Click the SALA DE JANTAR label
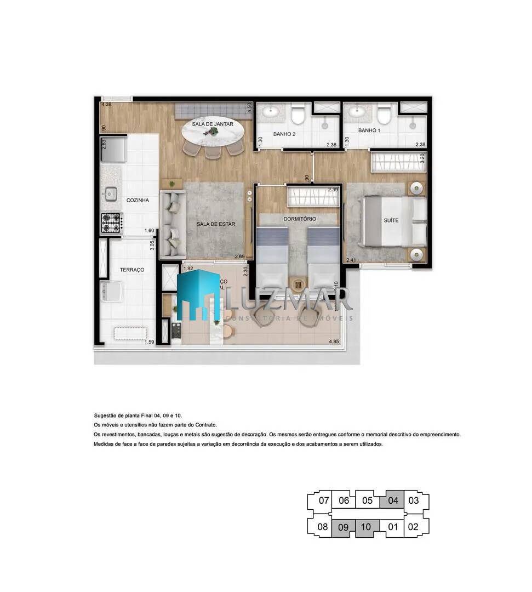[213, 124]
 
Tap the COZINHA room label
[138, 201]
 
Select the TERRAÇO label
[132, 270]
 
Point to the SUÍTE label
[391, 221]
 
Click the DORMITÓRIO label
[300, 219]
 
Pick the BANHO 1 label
[369, 131]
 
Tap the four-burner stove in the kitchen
[111, 223]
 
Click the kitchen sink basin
[111, 193]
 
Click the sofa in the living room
[173, 224]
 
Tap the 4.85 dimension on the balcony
[334, 343]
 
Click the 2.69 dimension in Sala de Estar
[239, 257]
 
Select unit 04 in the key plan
[393, 500]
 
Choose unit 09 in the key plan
[344, 527]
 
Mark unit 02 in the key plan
[414, 527]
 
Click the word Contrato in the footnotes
[205, 425]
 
